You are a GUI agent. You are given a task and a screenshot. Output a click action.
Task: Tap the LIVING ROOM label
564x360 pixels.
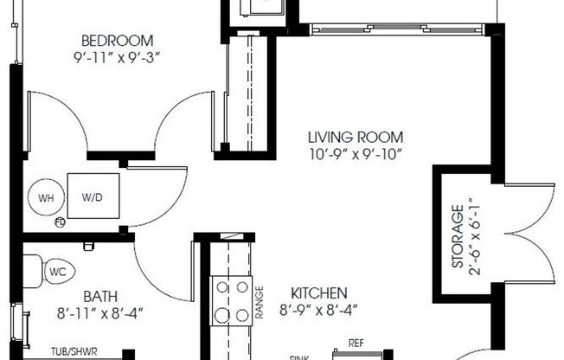click(x=356, y=137)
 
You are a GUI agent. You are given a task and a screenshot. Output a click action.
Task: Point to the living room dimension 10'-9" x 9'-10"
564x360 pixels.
click(x=356, y=156)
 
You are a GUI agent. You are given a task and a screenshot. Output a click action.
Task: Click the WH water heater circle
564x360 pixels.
click(x=46, y=197)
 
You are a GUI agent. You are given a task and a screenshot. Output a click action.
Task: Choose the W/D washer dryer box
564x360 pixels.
click(x=93, y=197)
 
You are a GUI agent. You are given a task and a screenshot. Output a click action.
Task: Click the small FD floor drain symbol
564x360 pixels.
click(x=61, y=222)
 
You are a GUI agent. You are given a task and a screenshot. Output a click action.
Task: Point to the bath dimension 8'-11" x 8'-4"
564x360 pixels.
click(x=100, y=312)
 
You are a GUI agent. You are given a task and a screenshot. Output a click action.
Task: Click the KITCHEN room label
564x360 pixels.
click(x=319, y=292)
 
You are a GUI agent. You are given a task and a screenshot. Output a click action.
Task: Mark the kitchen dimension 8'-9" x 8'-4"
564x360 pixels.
click(x=319, y=310)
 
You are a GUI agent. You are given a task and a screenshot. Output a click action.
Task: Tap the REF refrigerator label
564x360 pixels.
click(x=355, y=343)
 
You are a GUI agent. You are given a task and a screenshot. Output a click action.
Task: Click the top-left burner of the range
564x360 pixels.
click(x=221, y=287)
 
